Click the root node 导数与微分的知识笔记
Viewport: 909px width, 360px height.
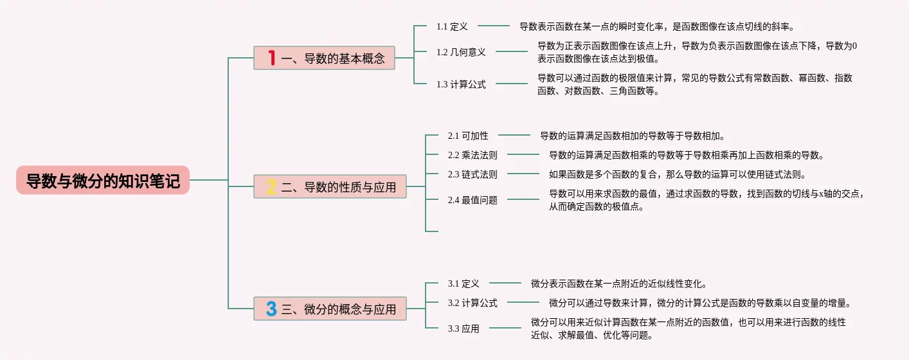103,180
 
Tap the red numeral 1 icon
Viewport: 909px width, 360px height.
271,58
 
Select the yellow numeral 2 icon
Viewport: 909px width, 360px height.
271,186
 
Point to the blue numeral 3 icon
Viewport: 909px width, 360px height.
271,309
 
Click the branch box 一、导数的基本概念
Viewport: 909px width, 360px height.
324,58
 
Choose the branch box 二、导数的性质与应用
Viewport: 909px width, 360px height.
330,186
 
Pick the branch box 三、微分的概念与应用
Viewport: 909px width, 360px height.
330,309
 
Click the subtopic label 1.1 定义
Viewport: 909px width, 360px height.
452,27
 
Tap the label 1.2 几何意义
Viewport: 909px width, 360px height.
461,52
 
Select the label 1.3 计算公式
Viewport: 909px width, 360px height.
461,84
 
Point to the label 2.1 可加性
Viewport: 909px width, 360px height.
468,136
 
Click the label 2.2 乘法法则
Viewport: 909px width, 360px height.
473,155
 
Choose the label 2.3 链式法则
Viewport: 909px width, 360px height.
473,174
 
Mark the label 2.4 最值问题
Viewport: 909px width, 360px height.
473,200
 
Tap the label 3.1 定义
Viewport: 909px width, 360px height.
464,283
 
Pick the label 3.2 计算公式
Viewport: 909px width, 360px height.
473,303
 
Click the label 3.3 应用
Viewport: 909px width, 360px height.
464,328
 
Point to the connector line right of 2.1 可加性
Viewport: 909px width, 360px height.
514,135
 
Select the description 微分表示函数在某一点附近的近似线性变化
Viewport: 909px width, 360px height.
619,283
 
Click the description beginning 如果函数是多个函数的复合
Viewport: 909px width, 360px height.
678,174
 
